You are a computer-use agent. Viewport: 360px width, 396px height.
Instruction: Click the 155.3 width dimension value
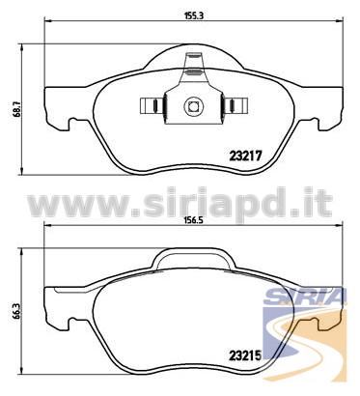[194, 15]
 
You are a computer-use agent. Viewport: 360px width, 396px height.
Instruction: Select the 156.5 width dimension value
[194, 221]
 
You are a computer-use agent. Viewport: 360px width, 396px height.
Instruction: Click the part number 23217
[245, 156]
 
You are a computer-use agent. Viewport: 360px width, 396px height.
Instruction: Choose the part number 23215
[245, 355]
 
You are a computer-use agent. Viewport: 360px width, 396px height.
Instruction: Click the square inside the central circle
[193, 106]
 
